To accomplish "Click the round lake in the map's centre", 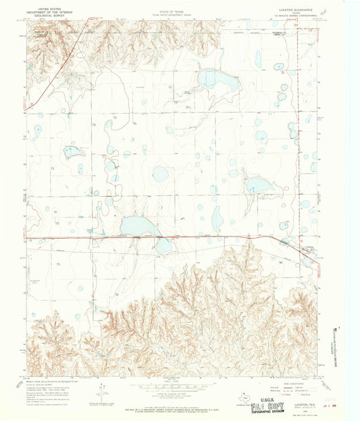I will tap(160, 174).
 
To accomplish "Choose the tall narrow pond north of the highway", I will tap(217, 217).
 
